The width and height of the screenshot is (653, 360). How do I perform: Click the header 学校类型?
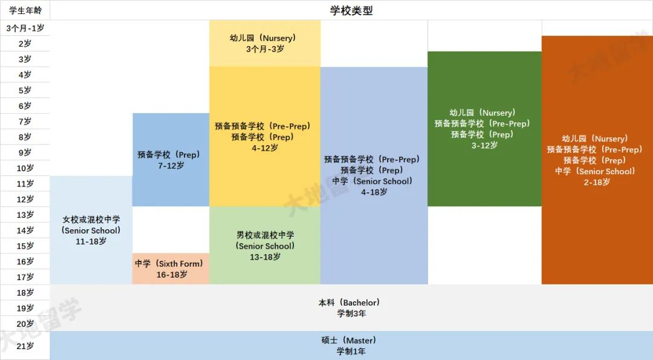pyautogui.click(x=351, y=10)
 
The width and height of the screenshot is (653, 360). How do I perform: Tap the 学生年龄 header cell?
pyautogui.click(x=25, y=10)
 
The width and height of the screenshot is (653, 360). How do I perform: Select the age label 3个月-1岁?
pyautogui.click(x=25, y=28)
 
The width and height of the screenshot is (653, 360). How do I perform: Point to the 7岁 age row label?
pyautogui.click(x=25, y=122)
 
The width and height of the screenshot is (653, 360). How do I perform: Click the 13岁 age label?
pyautogui.click(x=25, y=215)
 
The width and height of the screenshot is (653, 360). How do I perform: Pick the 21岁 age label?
pyautogui.click(x=25, y=346)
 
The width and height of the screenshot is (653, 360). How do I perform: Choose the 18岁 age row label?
pyautogui.click(x=25, y=293)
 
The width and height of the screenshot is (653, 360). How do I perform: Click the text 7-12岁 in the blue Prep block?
pyautogui.click(x=171, y=166)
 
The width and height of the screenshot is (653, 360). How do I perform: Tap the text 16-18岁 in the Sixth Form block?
pyautogui.click(x=172, y=275)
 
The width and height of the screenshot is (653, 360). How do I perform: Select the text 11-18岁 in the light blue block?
pyautogui.click(x=91, y=241)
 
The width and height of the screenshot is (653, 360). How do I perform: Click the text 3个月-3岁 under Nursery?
pyautogui.click(x=265, y=49)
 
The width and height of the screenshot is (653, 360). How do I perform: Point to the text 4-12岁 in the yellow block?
pyautogui.click(x=264, y=148)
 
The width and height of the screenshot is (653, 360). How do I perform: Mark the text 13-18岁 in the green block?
pyautogui.click(x=265, y=258)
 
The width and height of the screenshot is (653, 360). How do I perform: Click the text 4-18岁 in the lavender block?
pyautogui.click(x=374, y=192)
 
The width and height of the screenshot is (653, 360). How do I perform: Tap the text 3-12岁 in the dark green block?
pyautogui.click(x=484, y=145)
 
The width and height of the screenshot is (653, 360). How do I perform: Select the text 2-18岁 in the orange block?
pyautogui.click(x=597, y=182)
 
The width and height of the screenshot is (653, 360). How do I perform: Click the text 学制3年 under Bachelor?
pyautogui.click(x=351, y=314)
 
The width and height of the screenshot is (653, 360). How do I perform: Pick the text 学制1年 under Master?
pyautogui.click(x=351, y=352)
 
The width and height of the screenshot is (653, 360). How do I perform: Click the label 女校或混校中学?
pyautogui.click(x=91, y=220)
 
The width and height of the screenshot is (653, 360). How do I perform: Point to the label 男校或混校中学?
pyautogui.click(x=265, y=235)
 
